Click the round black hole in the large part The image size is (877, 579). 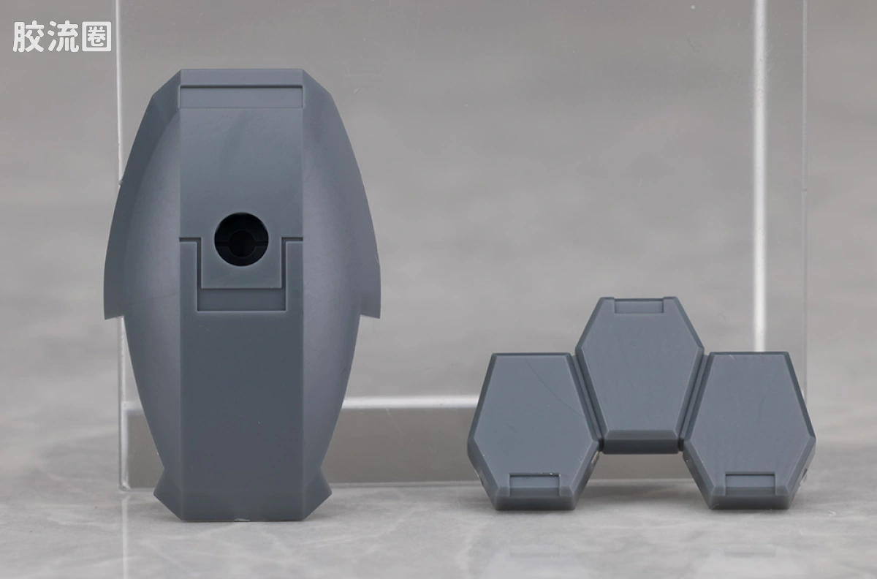click(x=241, y=239)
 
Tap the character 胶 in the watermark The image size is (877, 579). click(x=28, y=37)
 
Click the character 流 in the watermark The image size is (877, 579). click(x=63, y=37)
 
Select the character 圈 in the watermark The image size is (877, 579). click(x=96, y=37)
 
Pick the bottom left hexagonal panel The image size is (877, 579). click(x=534, y=431)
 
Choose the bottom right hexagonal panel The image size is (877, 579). click(x=750, y=430)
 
